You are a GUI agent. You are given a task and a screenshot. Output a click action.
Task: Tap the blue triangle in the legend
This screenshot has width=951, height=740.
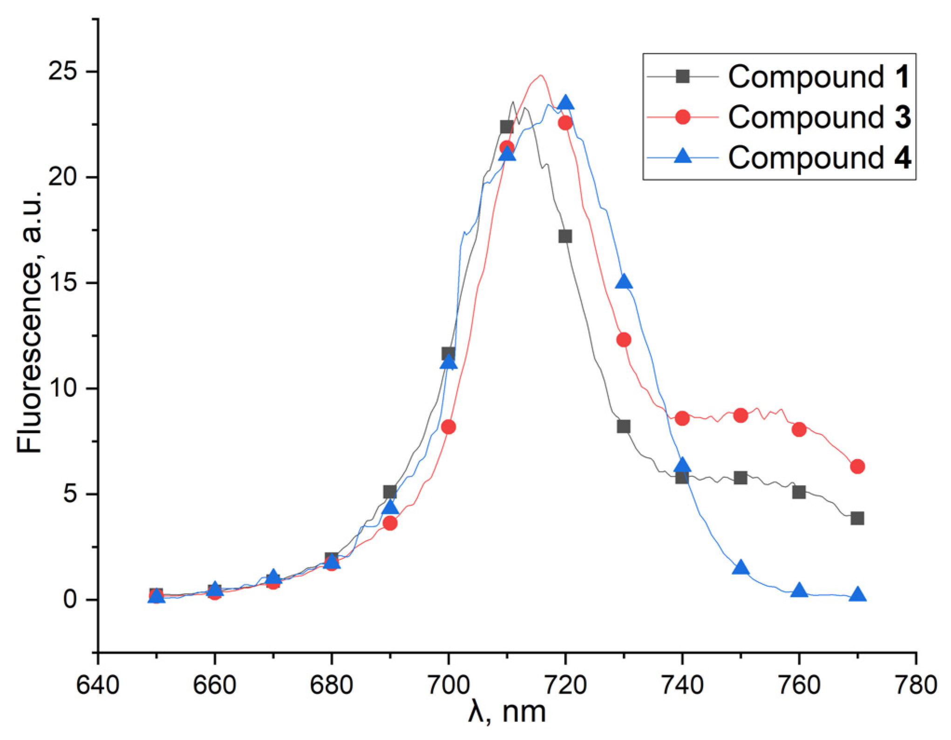pyautogui.click(x=683, y=156)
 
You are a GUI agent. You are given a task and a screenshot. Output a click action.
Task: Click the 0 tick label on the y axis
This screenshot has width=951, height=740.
pyautogui.click(x=70, y=599)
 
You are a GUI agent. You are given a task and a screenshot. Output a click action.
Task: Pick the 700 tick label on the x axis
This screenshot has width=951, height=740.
pyautogui.click(x=448, y=686)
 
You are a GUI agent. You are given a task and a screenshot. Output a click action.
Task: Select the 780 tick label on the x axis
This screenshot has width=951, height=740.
pyautogui.click(x=916, y=686)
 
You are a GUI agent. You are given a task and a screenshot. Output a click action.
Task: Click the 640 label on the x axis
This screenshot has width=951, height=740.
pyautogui.click(x=98, y=686)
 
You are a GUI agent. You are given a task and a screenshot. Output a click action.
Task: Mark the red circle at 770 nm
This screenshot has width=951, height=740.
pyautogui.click(x=857, y=466)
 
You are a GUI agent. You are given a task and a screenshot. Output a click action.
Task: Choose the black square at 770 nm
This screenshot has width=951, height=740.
pyautogui.click(x=857, y=518)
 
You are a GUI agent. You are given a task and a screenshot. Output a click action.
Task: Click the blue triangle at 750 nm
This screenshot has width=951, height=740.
pyautogui.click(x=740, y=568)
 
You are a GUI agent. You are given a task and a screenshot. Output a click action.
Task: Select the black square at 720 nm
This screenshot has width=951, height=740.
pyautogui.click(x=565, y=237)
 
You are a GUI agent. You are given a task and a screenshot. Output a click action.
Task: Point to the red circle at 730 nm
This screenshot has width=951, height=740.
pyautogui.click(x=624, y=340)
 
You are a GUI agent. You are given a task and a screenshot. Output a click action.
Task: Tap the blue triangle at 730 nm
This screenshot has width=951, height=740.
pyautogui.click(x=624, y=282)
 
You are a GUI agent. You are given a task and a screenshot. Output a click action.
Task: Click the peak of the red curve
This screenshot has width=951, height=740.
pyautogui.click(x=541, y=75)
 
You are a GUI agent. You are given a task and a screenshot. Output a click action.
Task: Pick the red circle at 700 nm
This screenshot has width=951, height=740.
pyautogui.click(x=448, y=427)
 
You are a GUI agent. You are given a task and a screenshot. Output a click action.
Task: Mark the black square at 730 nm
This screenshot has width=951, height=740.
pyautogui.click(x=624, y=426)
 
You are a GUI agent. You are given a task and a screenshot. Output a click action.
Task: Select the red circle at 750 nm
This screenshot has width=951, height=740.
pyautogui.click(x=740, y=415)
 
